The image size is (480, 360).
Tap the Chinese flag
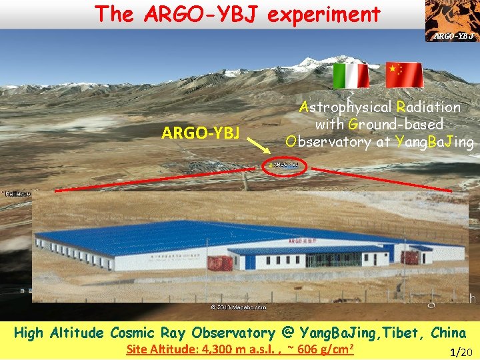point(405,75)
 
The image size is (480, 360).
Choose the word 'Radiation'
point(428,107)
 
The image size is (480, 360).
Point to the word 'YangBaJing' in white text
point(435,141)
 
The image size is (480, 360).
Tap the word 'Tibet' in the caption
point(401,332)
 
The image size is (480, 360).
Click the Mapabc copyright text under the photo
point(239,307)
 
